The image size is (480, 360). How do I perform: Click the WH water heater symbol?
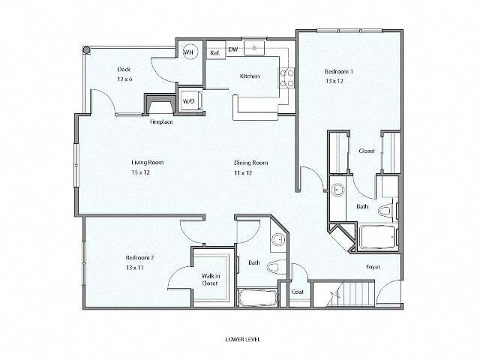(190, 52)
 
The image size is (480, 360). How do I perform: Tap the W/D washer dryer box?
(189, 101)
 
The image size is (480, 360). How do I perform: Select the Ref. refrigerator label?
(214, 52)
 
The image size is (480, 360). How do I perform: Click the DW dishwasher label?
(233, 49)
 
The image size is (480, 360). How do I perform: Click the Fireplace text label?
(161, 121)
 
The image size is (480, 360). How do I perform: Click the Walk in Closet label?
(210, 280)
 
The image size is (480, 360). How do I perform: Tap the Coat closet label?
(296, 292)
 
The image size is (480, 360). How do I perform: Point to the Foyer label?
(372, 267)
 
